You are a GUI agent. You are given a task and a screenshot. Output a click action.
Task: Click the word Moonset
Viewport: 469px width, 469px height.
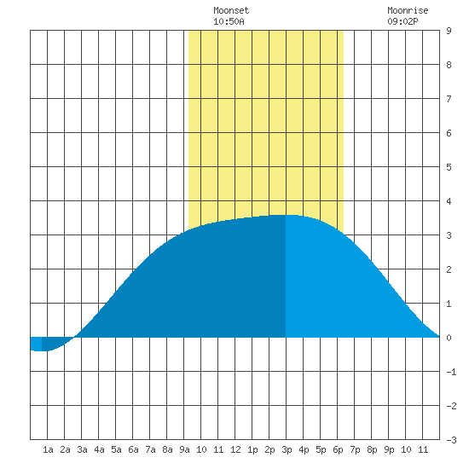[231, 10]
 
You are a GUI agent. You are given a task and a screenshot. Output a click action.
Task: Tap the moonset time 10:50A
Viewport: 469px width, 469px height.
[229, 21]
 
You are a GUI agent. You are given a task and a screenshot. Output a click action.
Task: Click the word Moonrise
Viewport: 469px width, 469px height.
[408, 10]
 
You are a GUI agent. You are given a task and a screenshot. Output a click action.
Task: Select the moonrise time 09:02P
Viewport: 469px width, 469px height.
[402, 21]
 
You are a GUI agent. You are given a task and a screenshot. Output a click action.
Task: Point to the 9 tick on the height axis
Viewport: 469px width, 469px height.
[449, 31]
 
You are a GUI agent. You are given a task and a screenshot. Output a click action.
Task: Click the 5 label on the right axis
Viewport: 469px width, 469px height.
[449, 167]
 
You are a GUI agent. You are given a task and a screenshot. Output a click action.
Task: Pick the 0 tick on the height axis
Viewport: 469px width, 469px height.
[449, 338]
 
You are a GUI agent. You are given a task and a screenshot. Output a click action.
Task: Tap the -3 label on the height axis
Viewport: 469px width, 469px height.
[451, 440]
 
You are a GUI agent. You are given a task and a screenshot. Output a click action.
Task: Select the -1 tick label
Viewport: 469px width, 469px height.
[451, 372]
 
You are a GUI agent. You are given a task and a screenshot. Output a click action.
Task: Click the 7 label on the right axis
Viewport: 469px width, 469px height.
[449, 99]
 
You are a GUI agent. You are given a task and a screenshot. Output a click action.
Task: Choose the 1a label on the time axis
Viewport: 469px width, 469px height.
[48, 449]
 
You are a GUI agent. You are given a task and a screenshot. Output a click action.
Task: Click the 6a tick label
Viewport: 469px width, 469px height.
[133, 449]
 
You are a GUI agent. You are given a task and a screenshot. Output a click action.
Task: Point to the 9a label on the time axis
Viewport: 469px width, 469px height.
[184, 449]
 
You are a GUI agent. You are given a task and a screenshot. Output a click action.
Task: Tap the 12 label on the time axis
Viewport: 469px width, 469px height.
[235, 449]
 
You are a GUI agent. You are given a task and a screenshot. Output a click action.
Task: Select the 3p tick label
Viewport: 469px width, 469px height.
[287, 449]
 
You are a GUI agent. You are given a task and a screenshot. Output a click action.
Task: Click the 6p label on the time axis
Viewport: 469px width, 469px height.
[338, 449]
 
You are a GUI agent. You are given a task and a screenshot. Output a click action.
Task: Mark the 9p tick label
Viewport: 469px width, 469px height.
[389, 449]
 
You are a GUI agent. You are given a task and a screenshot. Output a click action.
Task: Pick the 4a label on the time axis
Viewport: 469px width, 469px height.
[99, 449]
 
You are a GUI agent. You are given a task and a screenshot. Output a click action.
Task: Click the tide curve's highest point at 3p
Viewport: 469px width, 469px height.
[286, 215]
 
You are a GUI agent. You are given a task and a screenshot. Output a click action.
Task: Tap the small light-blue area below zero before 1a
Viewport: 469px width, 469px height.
[36, 344]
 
